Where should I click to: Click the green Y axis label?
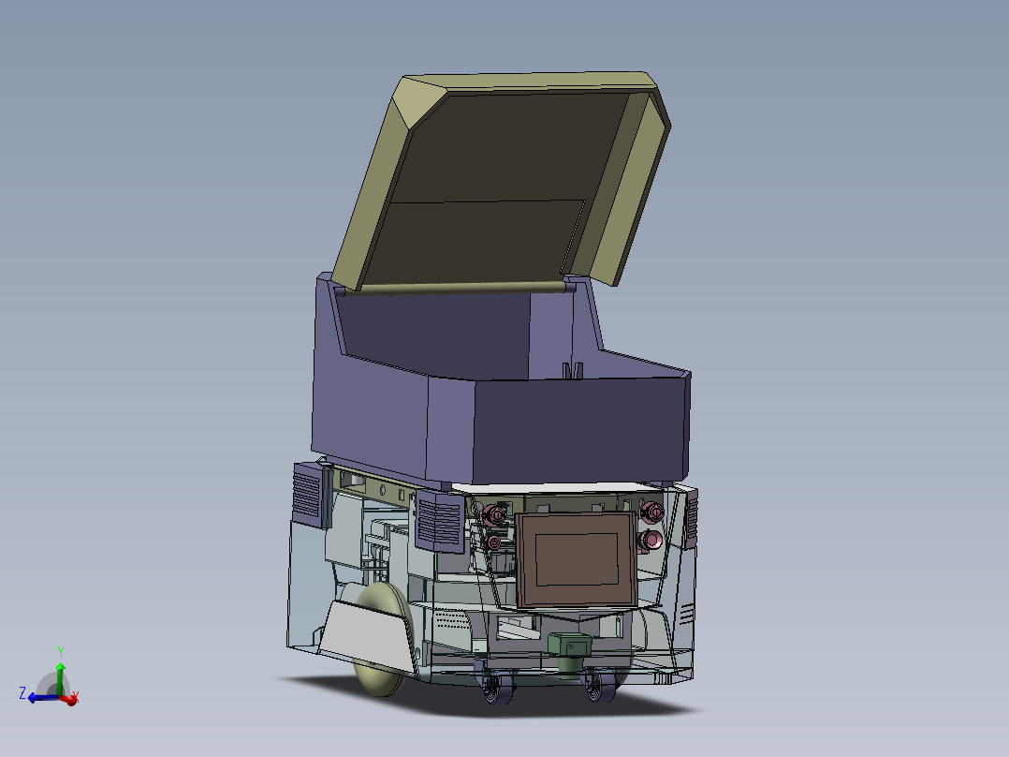[x=60, y=650]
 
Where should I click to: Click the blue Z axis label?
[x=22, y=692]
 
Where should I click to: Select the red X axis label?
[x=75, y=696]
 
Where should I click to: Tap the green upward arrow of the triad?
[x=60, y=672]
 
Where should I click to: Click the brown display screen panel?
[x=576, y=560]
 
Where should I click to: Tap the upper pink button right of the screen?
[x=652, y=512]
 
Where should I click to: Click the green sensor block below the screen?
[x=570, y=648]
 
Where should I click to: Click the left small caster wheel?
[x=495, y=690]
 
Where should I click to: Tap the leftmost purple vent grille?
[x=307, y=494]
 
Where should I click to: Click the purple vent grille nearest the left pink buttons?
[x=438, y=522]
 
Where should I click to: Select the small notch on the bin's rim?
[x=571, y=369]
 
